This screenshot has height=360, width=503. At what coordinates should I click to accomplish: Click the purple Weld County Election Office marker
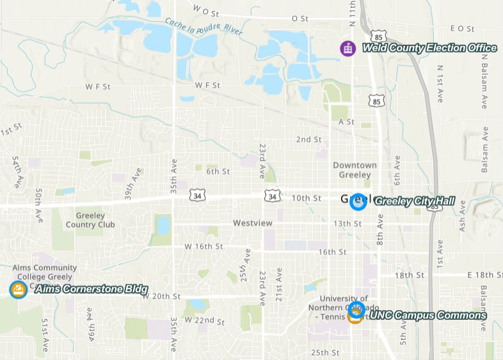[x=347, y=48]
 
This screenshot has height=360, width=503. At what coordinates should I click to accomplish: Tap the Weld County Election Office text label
[x=429, y=48]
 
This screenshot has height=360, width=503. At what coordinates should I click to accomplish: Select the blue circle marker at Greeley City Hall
[x=358, y=201]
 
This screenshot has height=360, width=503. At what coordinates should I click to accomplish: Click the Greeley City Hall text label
[x=414, y=201]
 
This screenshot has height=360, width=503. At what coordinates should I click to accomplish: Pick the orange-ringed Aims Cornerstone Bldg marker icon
[x=19, y=290]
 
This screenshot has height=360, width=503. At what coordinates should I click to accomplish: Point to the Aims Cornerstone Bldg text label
[x=91, y=290]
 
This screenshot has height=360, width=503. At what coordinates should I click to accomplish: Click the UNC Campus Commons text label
[x=427, y=315]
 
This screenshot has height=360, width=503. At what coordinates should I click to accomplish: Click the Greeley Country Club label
[x=90, y=220]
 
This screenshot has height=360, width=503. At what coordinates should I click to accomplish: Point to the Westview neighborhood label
[x=252, y=223]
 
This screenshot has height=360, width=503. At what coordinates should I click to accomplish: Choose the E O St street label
[x=462, y=29]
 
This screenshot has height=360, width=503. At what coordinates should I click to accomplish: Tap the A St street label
[x=346, y=121]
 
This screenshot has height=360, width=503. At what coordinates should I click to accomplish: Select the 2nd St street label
[x=308, y=139]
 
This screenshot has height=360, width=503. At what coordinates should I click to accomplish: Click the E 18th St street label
[x=484, y=275]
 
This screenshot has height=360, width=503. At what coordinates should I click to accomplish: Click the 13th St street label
[x=347, y=224]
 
